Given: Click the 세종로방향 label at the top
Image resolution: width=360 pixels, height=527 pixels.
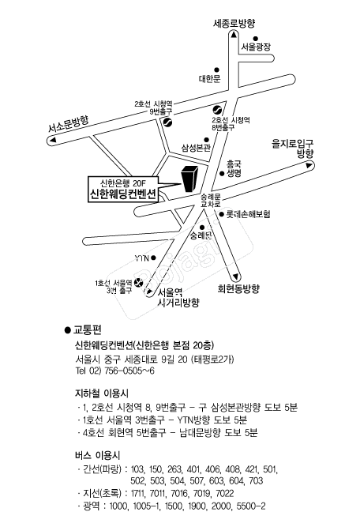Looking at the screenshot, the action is tap(234, 23).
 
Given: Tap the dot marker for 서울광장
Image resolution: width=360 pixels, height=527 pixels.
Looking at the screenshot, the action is tap(255, 39).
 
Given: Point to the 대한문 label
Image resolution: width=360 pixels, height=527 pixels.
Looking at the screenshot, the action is tap(209, 79).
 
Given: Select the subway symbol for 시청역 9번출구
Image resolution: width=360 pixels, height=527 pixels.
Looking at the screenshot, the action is tap(167, 122).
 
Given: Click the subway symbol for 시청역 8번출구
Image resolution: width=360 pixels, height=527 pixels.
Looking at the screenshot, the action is tap(216, 111).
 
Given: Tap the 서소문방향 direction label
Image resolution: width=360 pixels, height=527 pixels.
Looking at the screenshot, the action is tap(69, 124).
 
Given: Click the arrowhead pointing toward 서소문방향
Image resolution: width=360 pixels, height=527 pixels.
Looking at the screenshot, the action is tap(52, 141).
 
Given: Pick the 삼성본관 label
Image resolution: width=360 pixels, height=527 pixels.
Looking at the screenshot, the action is tap(196, 148).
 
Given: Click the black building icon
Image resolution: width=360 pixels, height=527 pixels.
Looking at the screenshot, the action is tap(189, 179).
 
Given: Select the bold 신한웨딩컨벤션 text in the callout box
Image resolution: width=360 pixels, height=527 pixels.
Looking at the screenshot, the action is tap(123, 194).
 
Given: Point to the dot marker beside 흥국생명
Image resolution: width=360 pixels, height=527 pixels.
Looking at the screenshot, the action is tap(222, 173).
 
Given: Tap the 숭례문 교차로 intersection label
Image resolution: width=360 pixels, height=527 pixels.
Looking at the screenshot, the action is tap(211, 200).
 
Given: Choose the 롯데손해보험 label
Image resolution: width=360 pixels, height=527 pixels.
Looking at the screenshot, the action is tap(249, 214).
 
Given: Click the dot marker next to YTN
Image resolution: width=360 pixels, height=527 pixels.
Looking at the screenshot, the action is tap(153, 258).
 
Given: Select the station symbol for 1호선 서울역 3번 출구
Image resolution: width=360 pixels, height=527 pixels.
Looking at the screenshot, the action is tap(138, 283).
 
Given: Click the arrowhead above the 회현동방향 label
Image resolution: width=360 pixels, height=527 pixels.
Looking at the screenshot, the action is tap(236, 277).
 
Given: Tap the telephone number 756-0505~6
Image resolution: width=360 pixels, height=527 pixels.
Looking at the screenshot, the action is tap(129, 371).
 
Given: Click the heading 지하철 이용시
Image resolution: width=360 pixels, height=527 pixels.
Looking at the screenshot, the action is tap(102, 393).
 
